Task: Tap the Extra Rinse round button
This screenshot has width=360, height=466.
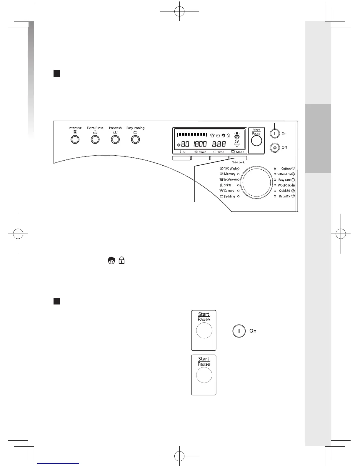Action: click(95, 139)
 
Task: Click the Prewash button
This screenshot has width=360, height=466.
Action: click(115, 139)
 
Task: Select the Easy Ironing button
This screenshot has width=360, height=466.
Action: click(135, 139)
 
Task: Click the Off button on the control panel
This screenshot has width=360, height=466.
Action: click(275, 147)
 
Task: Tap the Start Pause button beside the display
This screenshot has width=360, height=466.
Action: click(256, 141)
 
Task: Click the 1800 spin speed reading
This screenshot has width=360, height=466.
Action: click(200, 144)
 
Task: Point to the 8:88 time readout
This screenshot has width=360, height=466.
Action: click(219, 144)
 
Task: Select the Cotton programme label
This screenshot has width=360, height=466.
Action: click(286, 169)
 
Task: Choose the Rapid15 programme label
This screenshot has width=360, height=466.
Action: click(284, 196)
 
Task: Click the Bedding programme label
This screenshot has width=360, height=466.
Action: click(229, 196)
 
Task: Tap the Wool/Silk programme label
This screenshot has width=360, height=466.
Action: click(284, 185)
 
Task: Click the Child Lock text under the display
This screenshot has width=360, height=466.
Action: click(238, 162)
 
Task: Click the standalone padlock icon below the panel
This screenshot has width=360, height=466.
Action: click(121, 260)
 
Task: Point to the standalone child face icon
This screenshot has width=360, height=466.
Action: click(111, 260)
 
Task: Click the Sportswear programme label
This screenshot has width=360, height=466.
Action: click(230, 179)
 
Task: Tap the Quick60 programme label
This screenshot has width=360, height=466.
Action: click(284, 191)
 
